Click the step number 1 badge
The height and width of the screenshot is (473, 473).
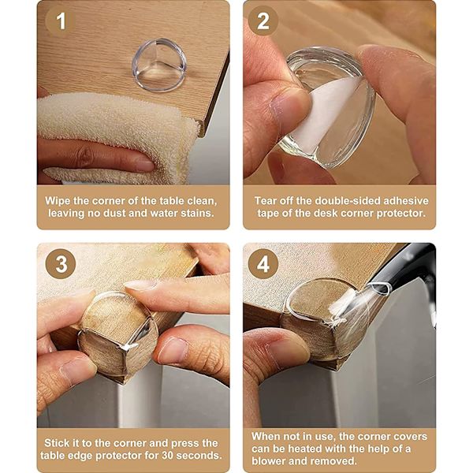pyautogui.click(x=61, y=21)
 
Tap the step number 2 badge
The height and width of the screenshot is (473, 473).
pyautogui.click(x=263, y=21)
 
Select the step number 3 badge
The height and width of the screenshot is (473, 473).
pyautogui.click(x=61, y=264)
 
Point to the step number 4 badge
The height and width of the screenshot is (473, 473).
pyautogui.click(x=263, y=264)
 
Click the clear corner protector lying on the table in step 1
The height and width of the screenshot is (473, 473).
pyautogui.click(x=159, y=65)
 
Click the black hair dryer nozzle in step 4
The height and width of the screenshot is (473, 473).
pyautogui.click(x=404, y=271)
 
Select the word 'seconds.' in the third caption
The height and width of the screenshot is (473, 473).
pyautogui.click(x=199, y=455)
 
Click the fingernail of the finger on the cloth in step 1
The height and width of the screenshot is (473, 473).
pyautogui.click(x=144, y=165)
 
